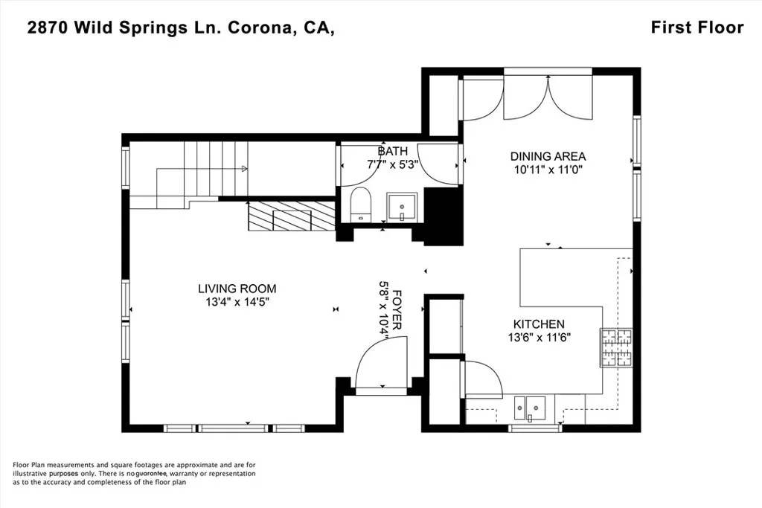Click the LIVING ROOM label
pos(237,289)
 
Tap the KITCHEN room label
pos(539,324)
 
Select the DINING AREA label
pos(548,156)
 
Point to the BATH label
pos(393,151)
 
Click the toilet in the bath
pos(361,205)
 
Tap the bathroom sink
pos(402,208)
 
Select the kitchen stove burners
pos(617,348)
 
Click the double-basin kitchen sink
pos(530,408)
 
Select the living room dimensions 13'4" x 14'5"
pos(237,302)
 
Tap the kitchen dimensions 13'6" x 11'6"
pos(539,337)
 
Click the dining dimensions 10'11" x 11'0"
pos(548,170)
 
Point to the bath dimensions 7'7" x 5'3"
pos(393,164)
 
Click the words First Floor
pos(697,28)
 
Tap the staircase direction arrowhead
pos(244,169)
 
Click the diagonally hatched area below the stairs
pos(292,216)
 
